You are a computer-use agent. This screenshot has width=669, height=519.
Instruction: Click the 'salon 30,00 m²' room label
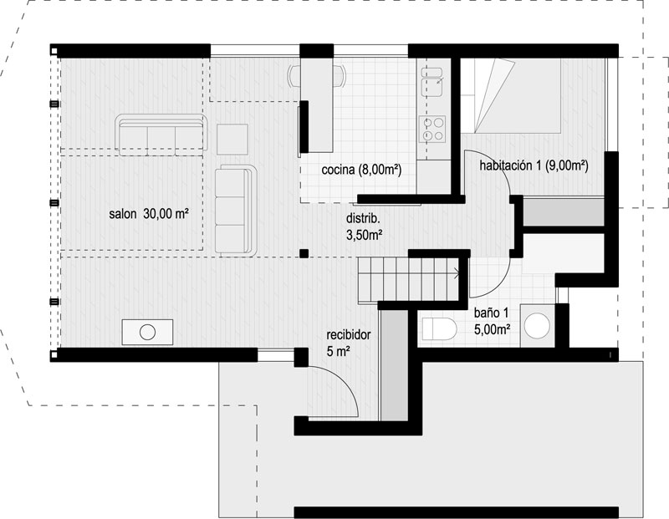[x=149, y=213]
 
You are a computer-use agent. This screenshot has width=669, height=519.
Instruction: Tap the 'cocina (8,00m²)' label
[x=361, y=170]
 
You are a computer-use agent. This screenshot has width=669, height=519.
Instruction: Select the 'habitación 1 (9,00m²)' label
[x=534, y=165]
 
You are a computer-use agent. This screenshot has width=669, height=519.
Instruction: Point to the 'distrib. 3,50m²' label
[x=364, y=226]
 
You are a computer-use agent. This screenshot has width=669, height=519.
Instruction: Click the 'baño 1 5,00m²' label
[x=493, y=321]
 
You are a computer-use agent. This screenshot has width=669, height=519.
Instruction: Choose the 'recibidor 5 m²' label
[x=348, y=343]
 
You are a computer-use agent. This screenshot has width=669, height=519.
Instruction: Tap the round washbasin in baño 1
[x=537, y=326]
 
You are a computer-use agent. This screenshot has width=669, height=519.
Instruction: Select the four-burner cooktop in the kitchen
[x=432, y=129]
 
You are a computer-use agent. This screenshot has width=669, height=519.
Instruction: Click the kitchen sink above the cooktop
[x=432, y=82]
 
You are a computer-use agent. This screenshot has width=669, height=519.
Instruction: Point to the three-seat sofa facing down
[x=161, y=135]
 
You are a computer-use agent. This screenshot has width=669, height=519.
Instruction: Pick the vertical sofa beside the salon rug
[x=236, y=211]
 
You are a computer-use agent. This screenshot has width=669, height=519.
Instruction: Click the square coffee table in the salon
[x=232, y=139]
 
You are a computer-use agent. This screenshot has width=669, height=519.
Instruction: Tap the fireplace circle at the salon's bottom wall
[x=148, y=333]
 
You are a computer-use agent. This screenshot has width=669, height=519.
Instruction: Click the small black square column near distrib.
[x=304, y=254]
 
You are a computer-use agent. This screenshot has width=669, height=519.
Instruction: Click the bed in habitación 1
[x=511, y=95]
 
